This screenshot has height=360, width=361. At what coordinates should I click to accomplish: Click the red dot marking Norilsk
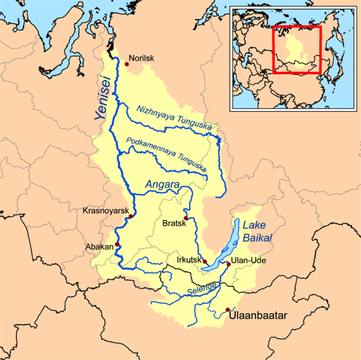click(x=126, y=64)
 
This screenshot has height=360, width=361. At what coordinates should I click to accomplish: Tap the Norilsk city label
click(x=141, y=58)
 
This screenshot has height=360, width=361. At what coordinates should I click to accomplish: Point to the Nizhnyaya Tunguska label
click(x=172, y=120)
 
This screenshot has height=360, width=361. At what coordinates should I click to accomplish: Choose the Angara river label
click(x=163, y=184)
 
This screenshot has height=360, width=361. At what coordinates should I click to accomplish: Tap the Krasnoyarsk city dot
click(x=130, y=216)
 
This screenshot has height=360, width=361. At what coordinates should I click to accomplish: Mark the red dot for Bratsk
click(x=186, y=218)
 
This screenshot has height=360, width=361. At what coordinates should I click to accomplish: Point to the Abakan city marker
click(x=117, y=244)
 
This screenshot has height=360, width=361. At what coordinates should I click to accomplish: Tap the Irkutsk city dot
click(x=205, y=262)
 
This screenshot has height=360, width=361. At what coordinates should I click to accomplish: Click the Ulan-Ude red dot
click(x=228, y=264)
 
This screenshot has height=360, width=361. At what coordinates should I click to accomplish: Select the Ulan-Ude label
click(x=246, y=261)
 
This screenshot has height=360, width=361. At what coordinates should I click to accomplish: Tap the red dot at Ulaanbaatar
click(x=228, y=309)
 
